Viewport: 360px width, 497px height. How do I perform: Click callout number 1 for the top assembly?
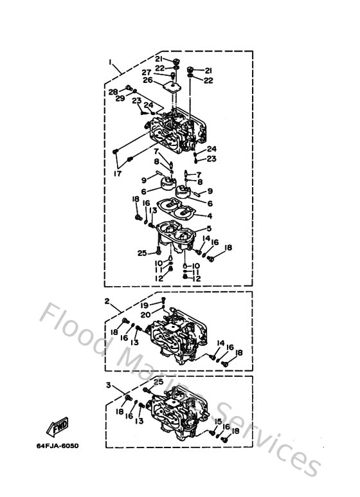[111, 63]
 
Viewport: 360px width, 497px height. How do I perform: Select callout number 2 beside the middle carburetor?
[107, 300]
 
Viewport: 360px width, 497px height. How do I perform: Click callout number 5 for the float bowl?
[208, 229]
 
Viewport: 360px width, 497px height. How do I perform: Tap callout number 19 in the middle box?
[145, 305]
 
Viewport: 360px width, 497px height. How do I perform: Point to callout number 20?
[145, 314]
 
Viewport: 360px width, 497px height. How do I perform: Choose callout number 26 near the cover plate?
[147, 80]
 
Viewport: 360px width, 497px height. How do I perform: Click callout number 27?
[147, 72]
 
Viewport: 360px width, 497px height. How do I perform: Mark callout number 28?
[113, 91]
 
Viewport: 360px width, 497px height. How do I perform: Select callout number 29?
[120, 98]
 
